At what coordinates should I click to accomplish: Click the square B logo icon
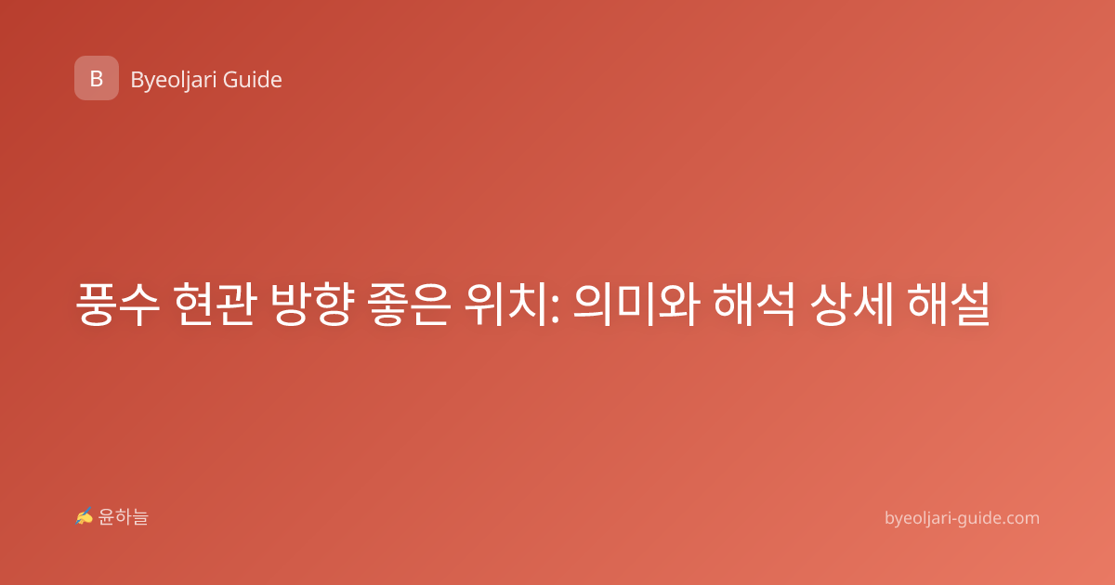[x=97, y=78]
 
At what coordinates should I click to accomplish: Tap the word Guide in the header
[x=253, y=80]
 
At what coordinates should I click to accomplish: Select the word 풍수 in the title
[x=118, y=304]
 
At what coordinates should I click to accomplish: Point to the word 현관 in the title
[x=215, y=304]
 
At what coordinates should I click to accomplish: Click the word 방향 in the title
[x=312, y=304]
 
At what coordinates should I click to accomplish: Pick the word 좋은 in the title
[x=409, y=304]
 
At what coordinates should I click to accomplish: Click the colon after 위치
[x=556, y=307]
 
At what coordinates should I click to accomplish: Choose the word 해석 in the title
[x=754, y=304]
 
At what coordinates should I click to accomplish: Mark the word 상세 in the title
[x=851, y=304]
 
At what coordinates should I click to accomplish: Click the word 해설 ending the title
[x=949, y=304]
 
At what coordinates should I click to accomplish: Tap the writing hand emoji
[x=85, y=516]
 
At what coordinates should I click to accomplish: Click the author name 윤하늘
[x=123, y=517]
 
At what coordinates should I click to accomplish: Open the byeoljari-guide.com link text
[x=962, y=518]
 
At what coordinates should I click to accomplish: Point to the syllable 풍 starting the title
[x=96, y=304]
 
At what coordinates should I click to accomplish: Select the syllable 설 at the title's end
[x=970, y=304]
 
